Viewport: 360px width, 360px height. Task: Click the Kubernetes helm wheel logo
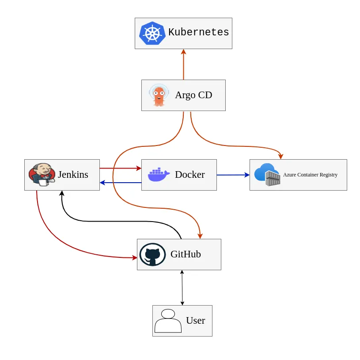(152, 33)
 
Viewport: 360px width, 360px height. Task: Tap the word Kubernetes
(198, 32)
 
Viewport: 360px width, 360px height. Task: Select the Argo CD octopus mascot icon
(159, 95)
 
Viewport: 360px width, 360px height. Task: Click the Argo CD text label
(193, 95)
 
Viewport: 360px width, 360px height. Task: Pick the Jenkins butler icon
(42, 174)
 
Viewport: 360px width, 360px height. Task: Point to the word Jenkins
(73, 175)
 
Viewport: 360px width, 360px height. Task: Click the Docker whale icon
(158, 175)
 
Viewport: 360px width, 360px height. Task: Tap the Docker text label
(189, 175)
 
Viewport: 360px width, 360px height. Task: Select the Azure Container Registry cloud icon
(267, 175)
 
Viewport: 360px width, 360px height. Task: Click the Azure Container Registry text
(310, 175)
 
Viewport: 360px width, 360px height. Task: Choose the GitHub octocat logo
(152, 254)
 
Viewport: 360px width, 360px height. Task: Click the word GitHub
(186, 254)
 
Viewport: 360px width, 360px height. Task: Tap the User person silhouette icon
(168, 321)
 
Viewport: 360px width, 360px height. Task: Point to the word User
(195, 321)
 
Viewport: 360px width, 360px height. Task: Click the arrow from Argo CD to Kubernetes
(183, 65)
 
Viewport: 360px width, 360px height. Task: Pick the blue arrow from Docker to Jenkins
(120, 182)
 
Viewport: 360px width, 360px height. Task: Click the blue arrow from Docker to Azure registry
(233, 175)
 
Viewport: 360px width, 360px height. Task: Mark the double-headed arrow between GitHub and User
(182, 287)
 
